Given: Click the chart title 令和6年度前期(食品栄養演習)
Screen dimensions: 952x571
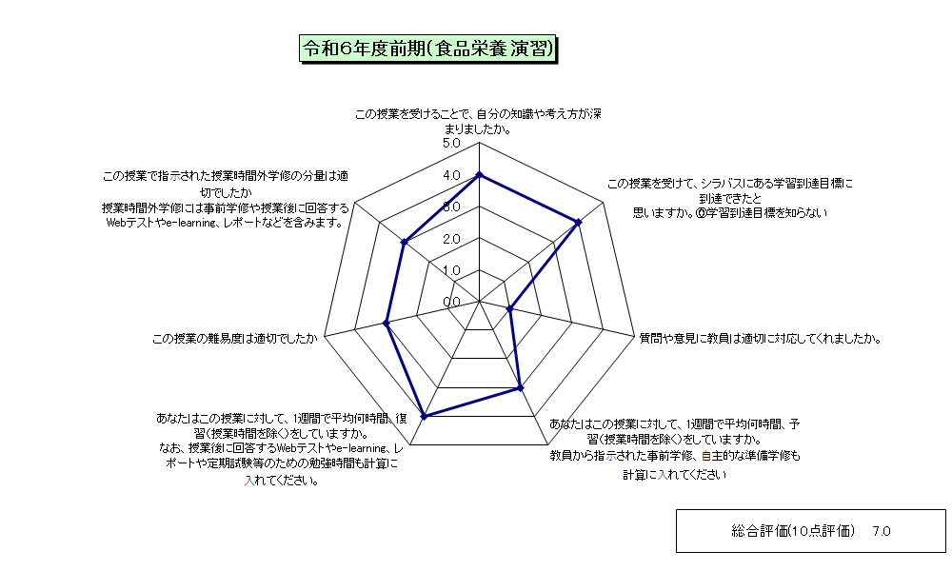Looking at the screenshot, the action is coord(428,49).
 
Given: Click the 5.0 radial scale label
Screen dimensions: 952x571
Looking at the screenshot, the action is coord(451,144).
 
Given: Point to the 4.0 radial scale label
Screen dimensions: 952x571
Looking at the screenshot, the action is coord(451,175).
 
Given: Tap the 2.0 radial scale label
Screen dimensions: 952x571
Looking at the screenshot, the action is coord(451,239).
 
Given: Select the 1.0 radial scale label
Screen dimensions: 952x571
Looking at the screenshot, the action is coord(451,270).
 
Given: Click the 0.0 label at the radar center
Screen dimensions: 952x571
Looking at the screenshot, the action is coord(451,303).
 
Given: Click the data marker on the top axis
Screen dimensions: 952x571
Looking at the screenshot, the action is coord(480,175).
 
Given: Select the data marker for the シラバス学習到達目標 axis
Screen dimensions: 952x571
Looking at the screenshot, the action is coord(579,223).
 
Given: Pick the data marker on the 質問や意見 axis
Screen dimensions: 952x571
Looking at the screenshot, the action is coord(510,309).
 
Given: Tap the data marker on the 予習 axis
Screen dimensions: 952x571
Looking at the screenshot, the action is coord(521,387).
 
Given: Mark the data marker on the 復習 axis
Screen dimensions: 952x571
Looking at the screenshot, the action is coord(425,416).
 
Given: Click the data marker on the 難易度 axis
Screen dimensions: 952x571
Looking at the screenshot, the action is coord(387,324).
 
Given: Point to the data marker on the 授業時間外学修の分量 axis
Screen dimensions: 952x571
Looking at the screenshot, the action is coord(404,242).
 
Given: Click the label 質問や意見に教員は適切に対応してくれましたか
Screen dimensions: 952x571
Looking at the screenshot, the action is coord(760,339).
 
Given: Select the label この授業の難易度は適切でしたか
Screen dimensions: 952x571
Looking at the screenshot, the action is coord(234,339).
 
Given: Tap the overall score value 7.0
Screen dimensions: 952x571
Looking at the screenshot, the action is coord(881,532).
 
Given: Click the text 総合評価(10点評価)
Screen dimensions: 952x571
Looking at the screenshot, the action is coord(792,532).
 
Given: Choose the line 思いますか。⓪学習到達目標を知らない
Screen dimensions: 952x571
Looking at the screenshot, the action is coord(730,213).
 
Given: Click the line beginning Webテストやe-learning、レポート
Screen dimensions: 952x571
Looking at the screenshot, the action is coord(226,223).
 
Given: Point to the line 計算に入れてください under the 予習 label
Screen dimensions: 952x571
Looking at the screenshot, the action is coord(675,475).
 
